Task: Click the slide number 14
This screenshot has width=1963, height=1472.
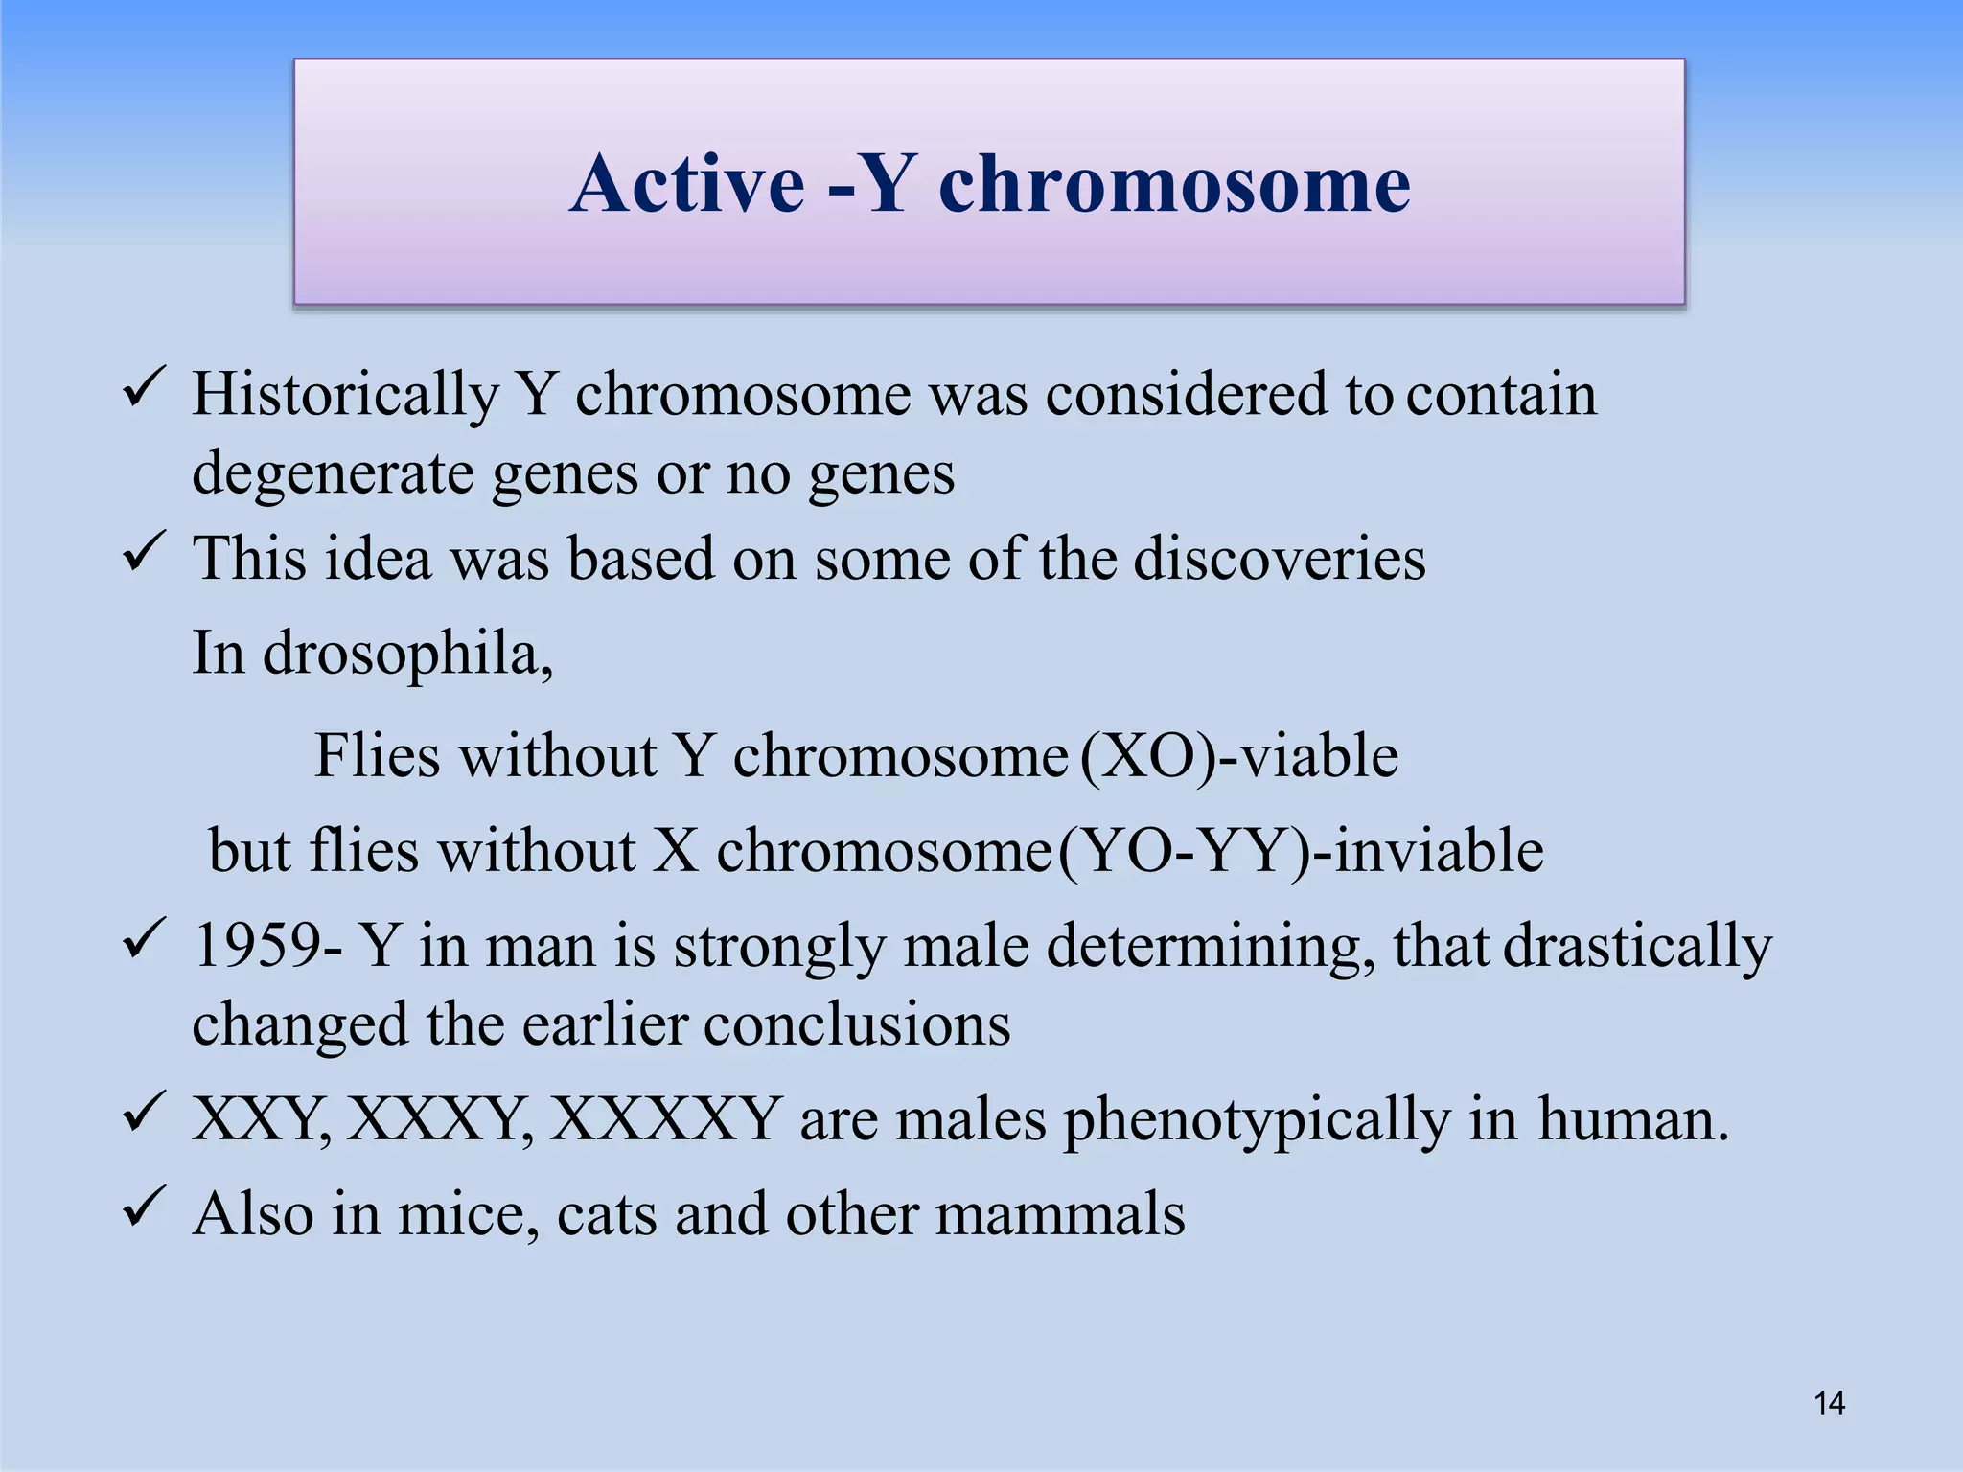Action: tap(1829, 1404)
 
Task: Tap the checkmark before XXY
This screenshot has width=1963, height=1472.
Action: tap(145, 1115)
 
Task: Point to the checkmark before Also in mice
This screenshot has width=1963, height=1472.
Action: tap(145, 1210)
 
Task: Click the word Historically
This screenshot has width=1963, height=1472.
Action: tap(345, 396)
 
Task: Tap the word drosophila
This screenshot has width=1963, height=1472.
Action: tap(406, 655)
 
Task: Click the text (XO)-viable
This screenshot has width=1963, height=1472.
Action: tap(1238, 756)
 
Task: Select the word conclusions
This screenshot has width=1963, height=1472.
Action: tap(857, 1024)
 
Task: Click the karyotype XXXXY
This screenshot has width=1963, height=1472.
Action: tap(664, 1118)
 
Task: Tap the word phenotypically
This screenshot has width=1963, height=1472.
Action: tap(1257, 1121)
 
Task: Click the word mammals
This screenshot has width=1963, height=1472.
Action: tap(1060, 1214)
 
